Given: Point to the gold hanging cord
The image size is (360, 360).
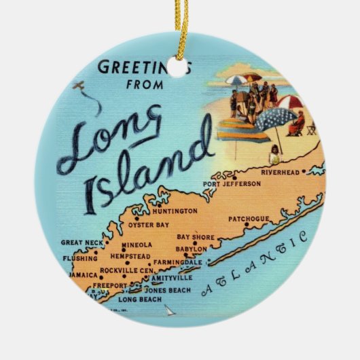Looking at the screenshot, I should point(181,27).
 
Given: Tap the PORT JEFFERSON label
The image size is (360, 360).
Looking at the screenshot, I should point(232,184).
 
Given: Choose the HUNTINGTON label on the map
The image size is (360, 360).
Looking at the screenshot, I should point(175,211).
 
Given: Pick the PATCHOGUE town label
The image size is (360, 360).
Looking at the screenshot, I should point(249,219).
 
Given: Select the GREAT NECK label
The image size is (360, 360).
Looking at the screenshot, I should point(82,242).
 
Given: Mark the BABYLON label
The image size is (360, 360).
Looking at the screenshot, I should point(191,249).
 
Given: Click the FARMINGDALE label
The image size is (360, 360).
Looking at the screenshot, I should point(178,262).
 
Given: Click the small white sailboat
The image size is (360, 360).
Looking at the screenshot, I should point(168,311).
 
